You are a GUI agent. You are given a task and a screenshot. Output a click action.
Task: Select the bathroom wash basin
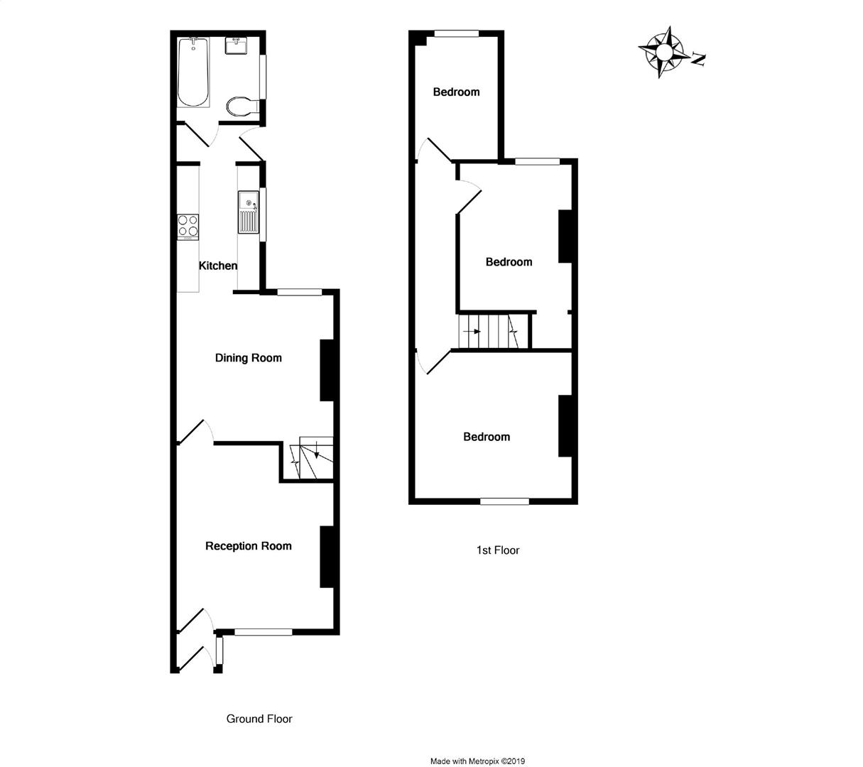236,45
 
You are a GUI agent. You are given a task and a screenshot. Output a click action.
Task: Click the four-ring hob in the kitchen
188,226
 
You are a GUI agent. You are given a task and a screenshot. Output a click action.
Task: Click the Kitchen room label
217,266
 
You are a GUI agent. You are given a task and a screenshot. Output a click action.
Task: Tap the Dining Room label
248,358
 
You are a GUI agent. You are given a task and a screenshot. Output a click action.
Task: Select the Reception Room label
248,546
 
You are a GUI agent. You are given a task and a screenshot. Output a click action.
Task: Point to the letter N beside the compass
699,60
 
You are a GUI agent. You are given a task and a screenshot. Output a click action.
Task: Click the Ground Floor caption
259,719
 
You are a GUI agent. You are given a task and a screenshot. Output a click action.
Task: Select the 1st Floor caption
497,550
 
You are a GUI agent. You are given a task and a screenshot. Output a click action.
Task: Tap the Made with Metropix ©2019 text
477,761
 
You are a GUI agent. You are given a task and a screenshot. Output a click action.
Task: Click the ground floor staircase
310,458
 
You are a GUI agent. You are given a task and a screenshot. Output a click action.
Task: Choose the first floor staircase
492,332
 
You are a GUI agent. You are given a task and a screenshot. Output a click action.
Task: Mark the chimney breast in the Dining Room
327,370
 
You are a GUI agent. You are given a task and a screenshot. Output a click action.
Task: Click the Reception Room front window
263,631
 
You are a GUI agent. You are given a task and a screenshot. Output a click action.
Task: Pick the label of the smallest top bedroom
456,92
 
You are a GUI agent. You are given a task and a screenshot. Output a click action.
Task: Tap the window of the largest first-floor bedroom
504,501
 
